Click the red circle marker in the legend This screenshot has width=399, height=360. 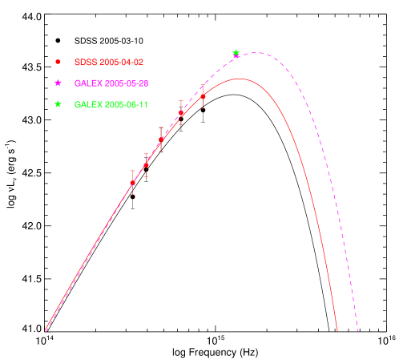pos(58,62)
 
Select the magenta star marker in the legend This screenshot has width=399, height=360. pos(58,83)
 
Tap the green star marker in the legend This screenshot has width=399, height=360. pos(58,104)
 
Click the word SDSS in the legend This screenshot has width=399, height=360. pos(84,62)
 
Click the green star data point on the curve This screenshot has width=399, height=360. pos(236,53)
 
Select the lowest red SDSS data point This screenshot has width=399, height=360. pos(133,183)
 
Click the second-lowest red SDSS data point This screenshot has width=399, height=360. pos(146,165)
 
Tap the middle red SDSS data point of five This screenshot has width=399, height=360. pos(161,140)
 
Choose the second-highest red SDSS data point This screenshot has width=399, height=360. pos(181,113)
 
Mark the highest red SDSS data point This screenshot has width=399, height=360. pos(203,96)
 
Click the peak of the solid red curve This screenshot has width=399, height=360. pos(238,79)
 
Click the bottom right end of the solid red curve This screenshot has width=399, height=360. pos(337,330)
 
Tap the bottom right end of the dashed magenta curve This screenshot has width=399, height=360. pos(357,330)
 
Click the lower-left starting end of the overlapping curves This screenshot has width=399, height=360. pos(46,330)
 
